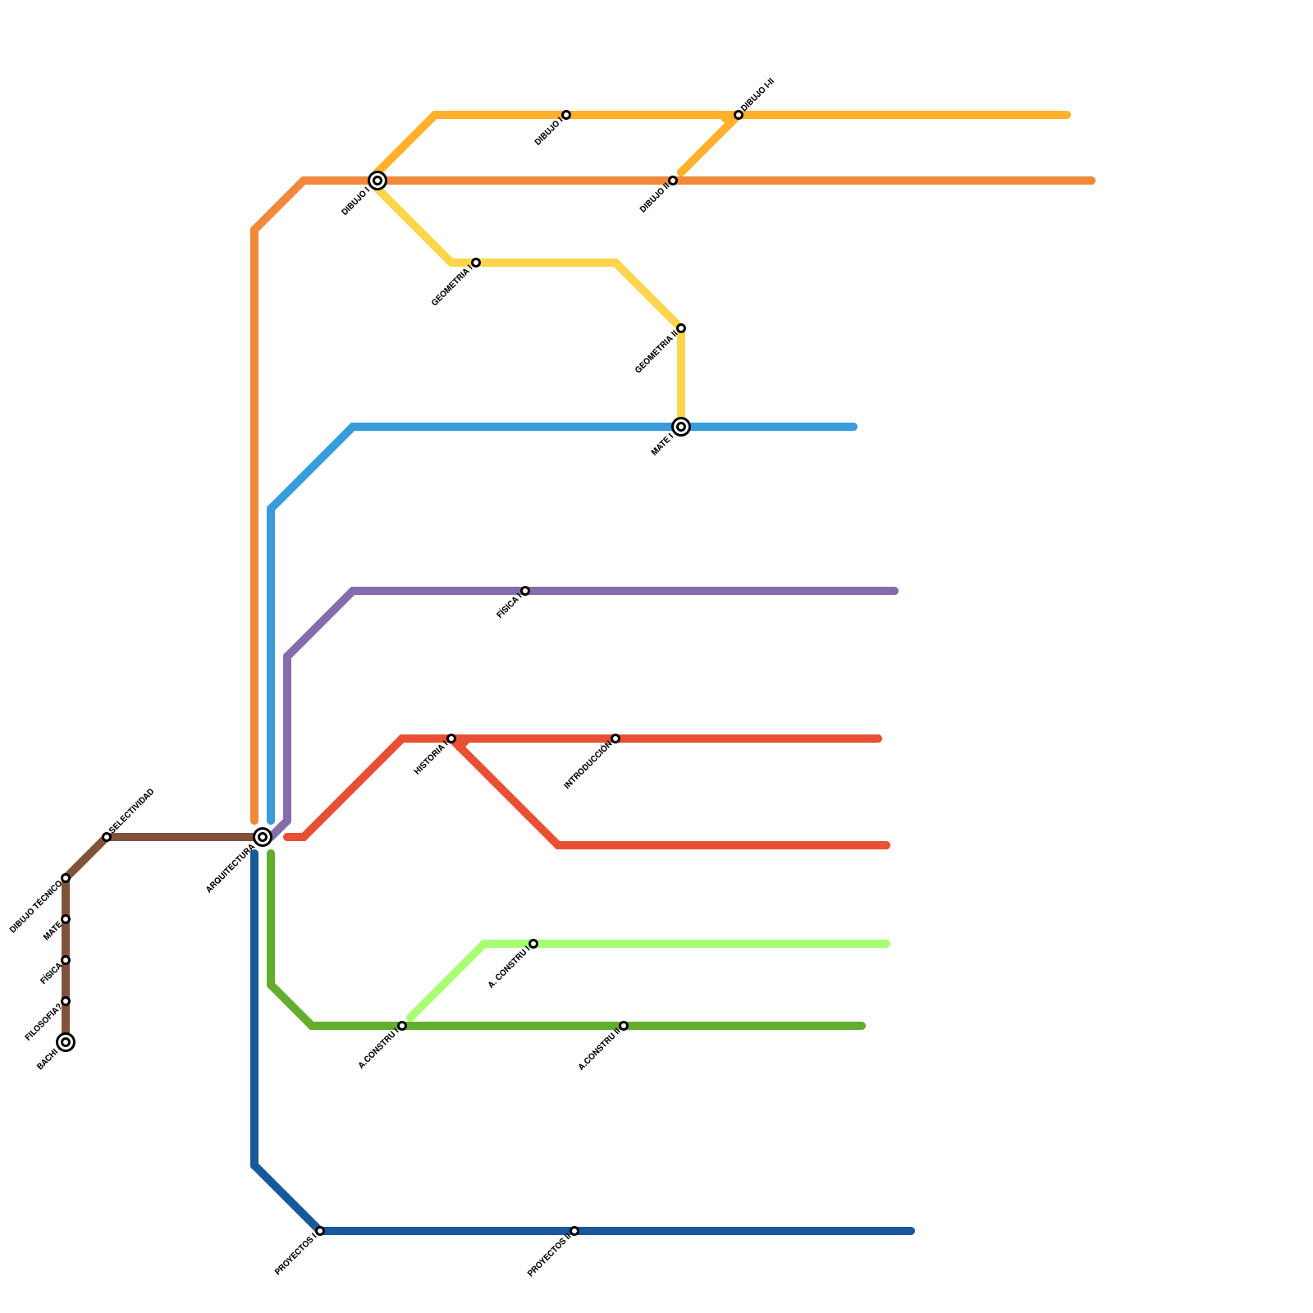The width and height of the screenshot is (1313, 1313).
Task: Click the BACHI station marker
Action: click(66, 1042)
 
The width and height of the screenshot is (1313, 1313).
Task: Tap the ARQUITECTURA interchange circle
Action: click(263, 837)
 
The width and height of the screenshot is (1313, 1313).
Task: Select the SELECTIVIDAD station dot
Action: click(107, 837)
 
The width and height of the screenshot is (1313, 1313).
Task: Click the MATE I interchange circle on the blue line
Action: click(681, 427)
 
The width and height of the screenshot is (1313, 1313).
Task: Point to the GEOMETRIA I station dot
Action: click(476, 263)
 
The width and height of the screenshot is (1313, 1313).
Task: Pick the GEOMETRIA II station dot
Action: click(681, 328)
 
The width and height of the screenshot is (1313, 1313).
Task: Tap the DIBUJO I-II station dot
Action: click(739, 115)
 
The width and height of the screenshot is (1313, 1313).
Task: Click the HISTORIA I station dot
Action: click(451, 739)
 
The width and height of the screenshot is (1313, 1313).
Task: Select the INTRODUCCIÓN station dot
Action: click(615, 739)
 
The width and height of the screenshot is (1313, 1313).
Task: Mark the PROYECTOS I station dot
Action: click(320, 1231)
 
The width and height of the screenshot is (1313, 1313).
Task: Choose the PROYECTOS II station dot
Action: click(574, 1231)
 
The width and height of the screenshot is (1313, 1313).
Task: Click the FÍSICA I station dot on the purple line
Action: click(525, 591)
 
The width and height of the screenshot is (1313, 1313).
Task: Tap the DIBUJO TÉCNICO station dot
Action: click(66, 878)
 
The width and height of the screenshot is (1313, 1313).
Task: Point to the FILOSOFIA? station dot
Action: click(66, 1001)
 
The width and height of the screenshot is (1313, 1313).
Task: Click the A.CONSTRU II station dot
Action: click(624, 1026)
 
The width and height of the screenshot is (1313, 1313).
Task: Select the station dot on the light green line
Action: click(533, 944)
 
